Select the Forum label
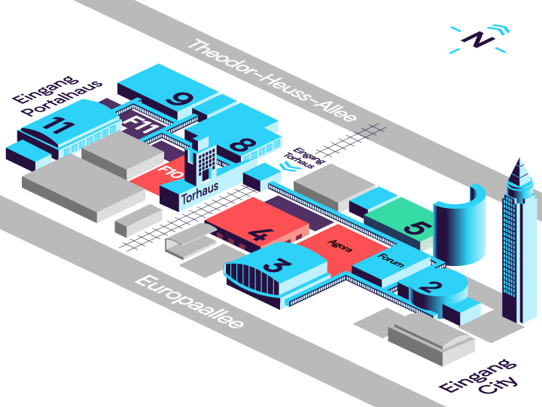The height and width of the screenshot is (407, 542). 391,261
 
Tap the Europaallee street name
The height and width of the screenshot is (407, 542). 189,302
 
